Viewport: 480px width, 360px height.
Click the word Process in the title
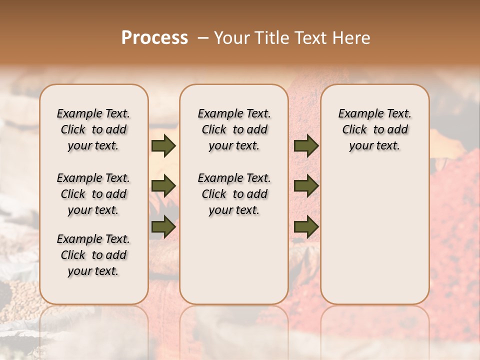tap(154, 38)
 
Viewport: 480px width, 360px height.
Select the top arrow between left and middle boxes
tap(163, 146)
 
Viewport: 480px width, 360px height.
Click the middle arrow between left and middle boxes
tap(163, 186)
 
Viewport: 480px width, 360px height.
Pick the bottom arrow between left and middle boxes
tap(163, 227)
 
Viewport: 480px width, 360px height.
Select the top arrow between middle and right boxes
tap(306, 146)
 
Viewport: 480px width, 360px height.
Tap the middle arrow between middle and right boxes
tap(306, 186)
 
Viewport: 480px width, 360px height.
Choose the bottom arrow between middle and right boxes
tap(306, 227)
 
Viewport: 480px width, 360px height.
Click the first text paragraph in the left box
tap(93, 129)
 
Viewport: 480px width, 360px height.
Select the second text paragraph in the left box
tap(93, 194)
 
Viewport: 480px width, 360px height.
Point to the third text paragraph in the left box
tap(93, 255)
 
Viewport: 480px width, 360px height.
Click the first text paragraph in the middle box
tap(234, 129)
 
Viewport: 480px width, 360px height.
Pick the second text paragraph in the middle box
tap(234, 194)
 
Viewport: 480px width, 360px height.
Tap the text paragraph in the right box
tap(374, 129)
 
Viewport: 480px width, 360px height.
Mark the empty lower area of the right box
tap(374, 235)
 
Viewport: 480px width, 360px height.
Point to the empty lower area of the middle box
tap(234, 260)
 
